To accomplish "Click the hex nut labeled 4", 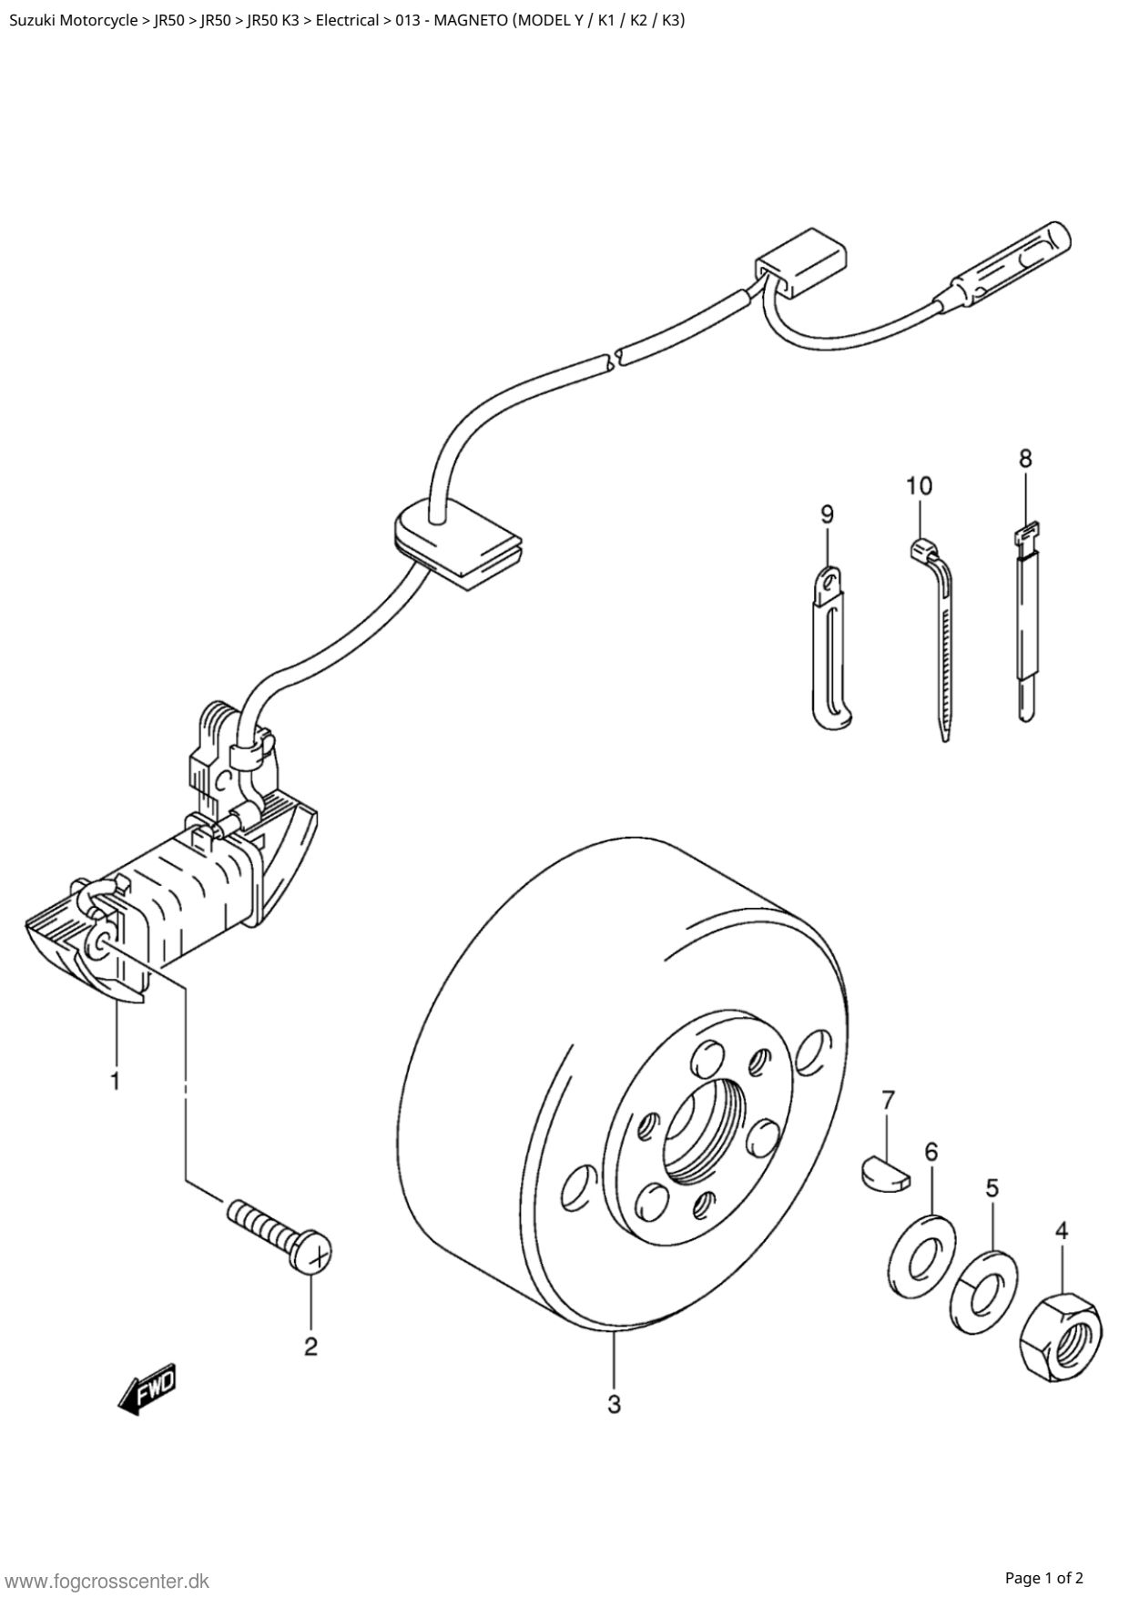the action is [x=1061, y=1338].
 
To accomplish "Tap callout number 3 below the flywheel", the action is [x=614, y=1405].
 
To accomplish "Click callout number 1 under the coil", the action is [x=115, y=1082].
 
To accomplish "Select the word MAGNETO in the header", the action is [x=470, y=20].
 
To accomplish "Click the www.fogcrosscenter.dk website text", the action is [x=108, y=1581].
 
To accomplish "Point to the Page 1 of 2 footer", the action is [x=1044, y=1577].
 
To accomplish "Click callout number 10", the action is [x=920, y=486].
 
